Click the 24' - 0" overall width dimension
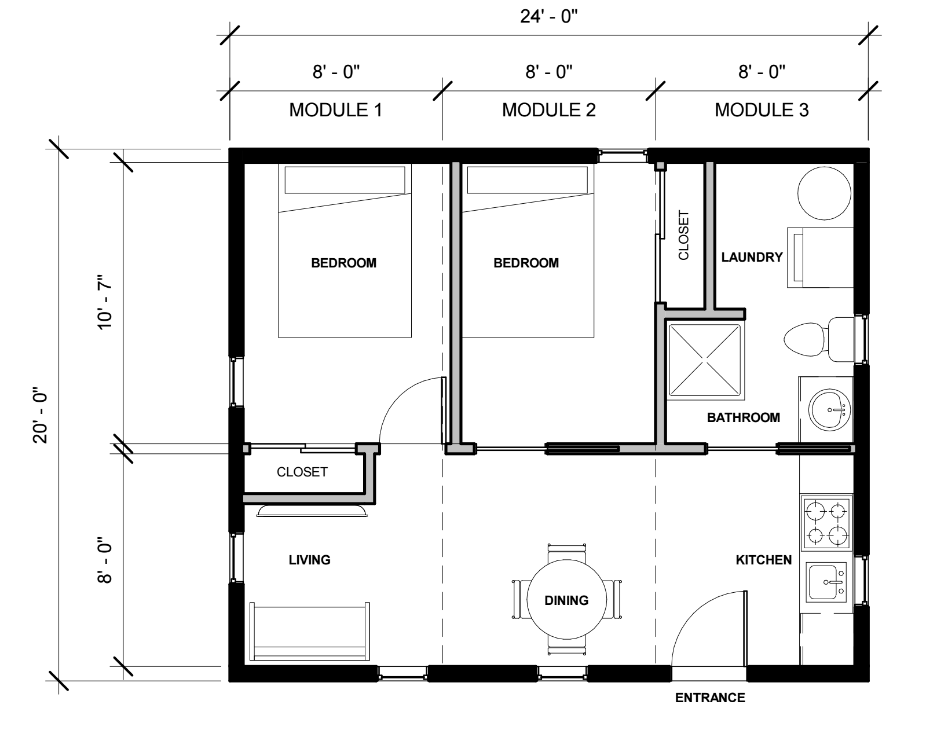click(548, 17)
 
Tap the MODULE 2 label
click(548, 110)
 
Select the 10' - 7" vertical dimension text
click(105, 302)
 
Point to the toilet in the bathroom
click(819, 339)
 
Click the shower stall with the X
click(705, 360)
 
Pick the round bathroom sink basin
click(830, 410)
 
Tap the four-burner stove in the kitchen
click(826, 523)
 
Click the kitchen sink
click(826, 582)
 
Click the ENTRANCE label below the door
click(710, 698)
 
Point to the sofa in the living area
click(309, 631)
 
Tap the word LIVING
click(309, 560)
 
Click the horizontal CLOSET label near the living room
click(302, 472)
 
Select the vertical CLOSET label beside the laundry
click(684, 235)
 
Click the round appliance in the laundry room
click(824, 193)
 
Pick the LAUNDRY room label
click(752, 257)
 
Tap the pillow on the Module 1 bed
click(345, 180)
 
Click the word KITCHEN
click(764, 560)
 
